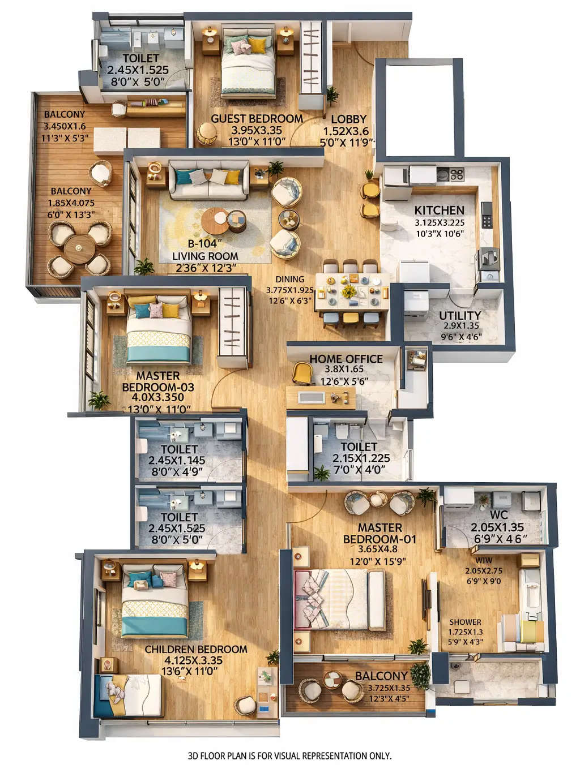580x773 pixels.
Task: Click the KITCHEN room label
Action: click(439, 210)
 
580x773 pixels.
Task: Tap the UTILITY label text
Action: click(459, 315)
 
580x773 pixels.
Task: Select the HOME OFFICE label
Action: click(346, 359)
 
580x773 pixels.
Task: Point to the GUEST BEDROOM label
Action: click(257, 119)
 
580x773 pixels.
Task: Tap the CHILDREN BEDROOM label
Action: click(195, 649)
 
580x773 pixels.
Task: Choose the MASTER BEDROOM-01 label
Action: click(379, 534)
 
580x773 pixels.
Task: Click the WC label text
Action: click(498, 515)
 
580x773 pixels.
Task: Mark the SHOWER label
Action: click(465, 621)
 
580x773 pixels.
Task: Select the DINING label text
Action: click(289, 279)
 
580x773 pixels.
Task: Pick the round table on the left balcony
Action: click(79, 247)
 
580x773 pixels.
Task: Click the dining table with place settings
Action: click(352, 292)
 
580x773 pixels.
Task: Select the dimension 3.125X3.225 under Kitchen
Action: click(439, 222)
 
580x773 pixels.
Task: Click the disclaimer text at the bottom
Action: click(289, 755)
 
